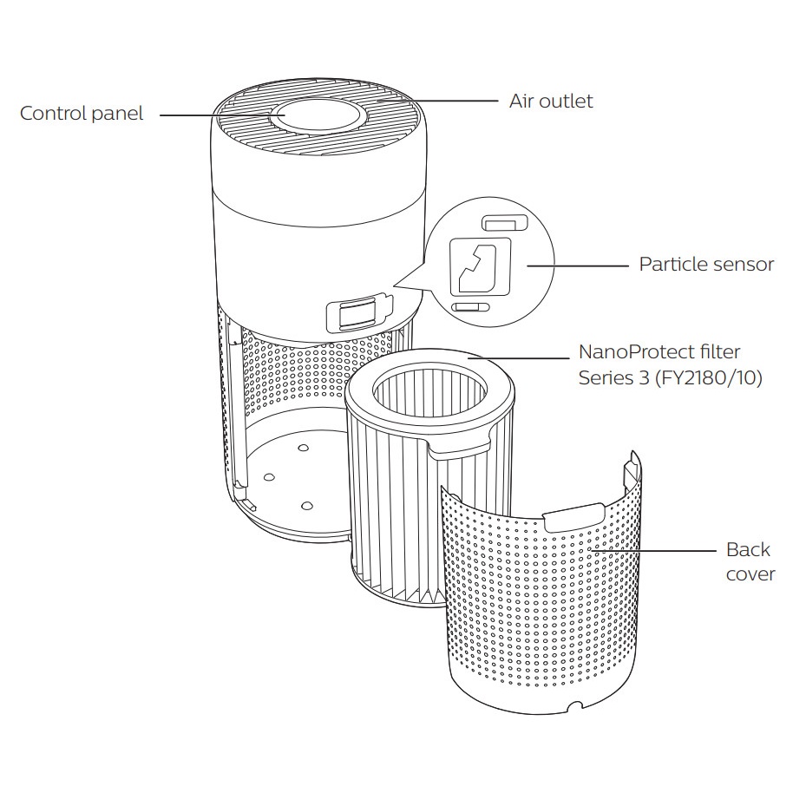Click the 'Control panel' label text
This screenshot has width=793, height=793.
[x=82, y=114]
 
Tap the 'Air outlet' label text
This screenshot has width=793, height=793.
[x=551, y=101]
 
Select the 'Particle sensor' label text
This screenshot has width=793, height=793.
[x=705, y=264]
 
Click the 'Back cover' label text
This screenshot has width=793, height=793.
[x=749, y=561]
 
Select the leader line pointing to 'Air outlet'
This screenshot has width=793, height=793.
[x=434, y=101]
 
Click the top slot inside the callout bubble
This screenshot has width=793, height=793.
[x=503, y=224]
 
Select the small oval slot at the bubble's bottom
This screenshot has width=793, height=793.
[x=469, y=307]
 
